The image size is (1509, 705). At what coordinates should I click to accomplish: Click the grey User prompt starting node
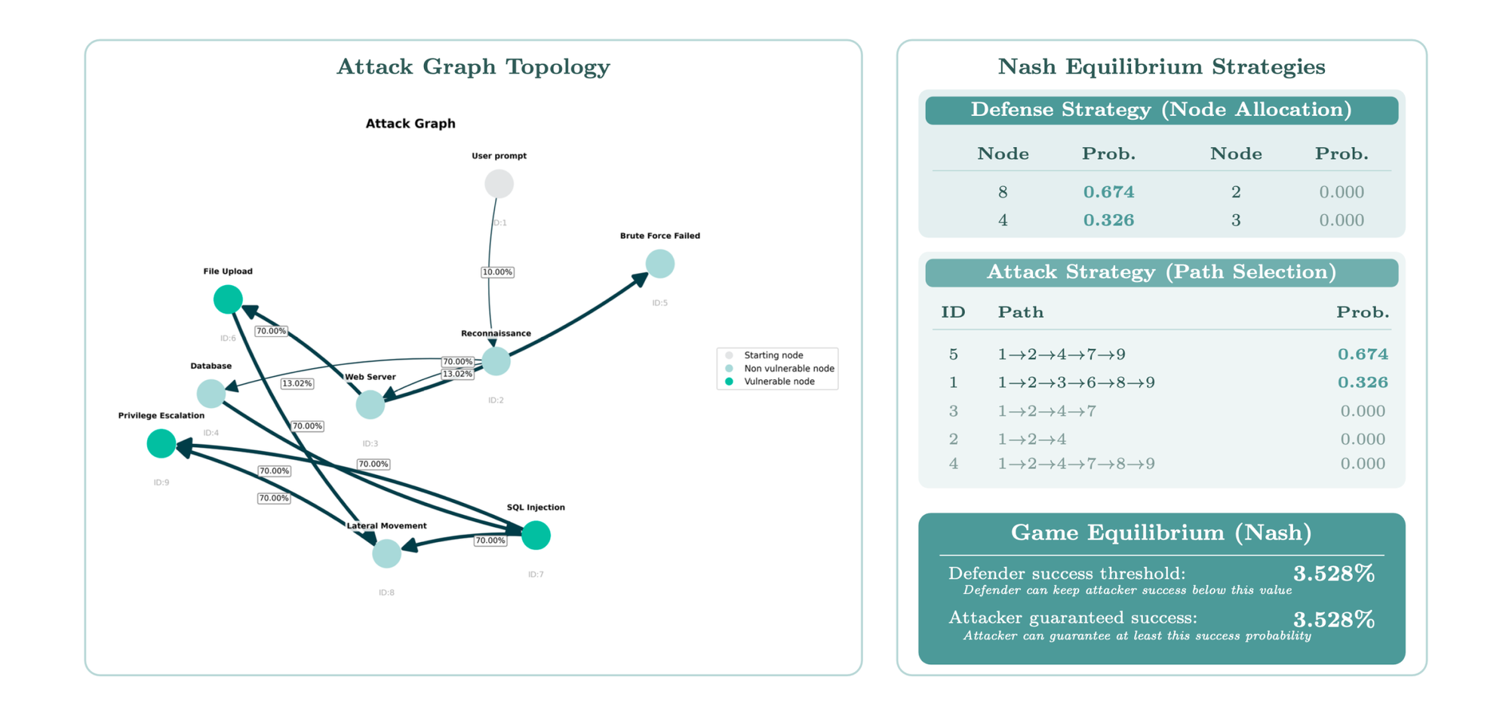(x=499, y=184)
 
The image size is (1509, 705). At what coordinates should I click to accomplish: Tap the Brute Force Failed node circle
(x=660, y=264)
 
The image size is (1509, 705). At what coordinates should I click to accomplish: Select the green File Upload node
(x=228, y=299)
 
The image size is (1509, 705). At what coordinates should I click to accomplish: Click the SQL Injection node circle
(x=536, y=535)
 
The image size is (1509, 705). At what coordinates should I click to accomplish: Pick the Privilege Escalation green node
(x=161, y=443)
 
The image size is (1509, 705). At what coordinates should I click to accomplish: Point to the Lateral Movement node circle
(x=386, y=553)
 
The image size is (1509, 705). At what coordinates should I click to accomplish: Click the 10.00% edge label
(x=497, y=272)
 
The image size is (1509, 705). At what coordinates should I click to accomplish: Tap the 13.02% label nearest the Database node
(x=297, y=384)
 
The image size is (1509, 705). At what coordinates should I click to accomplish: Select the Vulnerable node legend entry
(x=779, y=382)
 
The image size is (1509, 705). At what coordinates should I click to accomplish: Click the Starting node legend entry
(x=773, y=355)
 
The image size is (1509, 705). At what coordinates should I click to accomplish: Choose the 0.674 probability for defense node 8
(x=1108, y=192)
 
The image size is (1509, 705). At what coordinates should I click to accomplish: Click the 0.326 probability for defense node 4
(x=1108, y=220)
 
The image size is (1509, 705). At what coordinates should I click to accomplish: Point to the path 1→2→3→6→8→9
(x=1076, y=383)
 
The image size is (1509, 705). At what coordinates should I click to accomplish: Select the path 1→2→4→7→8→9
(x=1076, y=464)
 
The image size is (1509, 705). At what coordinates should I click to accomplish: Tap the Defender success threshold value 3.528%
(x=1333, y=574)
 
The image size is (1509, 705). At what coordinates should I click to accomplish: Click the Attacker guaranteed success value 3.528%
(x=1333, y=620)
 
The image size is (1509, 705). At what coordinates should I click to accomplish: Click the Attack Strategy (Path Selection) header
(x=1161, y=272)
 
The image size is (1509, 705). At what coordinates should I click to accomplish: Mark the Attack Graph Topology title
(x=473, y=67)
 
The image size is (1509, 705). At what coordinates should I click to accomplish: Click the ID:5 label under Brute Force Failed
(x=660, y=303)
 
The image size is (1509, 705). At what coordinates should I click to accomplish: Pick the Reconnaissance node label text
(x=496, y=333)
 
